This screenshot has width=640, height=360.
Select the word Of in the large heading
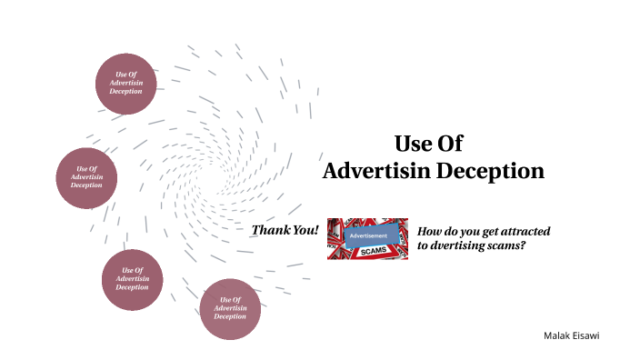click(453, 144)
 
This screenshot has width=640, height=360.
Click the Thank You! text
click(285, 230)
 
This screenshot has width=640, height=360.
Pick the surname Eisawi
click(585, 335)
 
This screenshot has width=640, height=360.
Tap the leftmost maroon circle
click(87, 176)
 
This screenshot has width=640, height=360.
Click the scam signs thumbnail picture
click(367, 238)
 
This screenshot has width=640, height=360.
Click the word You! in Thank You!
click(304, 230)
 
